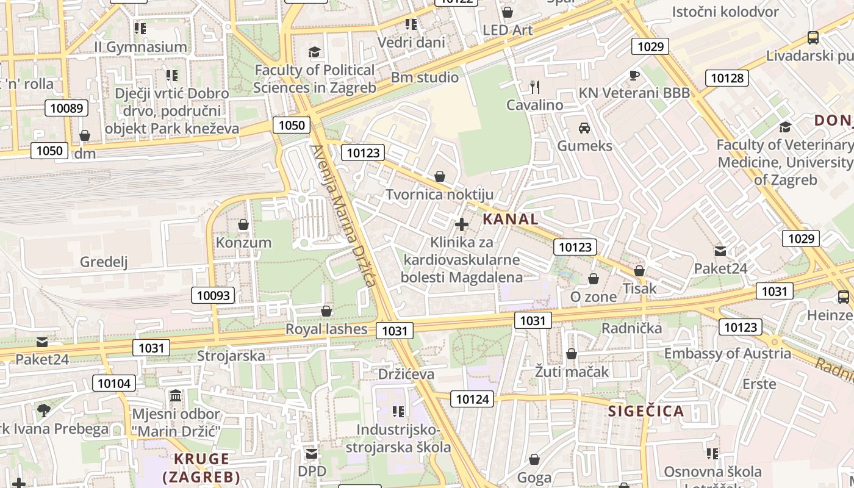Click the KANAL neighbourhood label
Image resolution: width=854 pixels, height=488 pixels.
pyautogui.click(x=511, y=219)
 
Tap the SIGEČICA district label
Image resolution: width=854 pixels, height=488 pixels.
pyautogui.click(x=646, y=411)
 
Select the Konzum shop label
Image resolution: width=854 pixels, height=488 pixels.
pyautogui.click(x=243, y=242)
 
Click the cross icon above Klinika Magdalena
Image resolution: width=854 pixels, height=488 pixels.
pyautogui.click(x=462, y=224)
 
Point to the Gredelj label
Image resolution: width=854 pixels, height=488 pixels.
pyautogui.click(x=104, y=262)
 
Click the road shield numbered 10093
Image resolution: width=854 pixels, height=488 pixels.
pyautogui.click(x=213, y=296)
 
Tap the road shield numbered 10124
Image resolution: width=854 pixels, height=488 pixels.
pyautogui.click(x=472, y=400)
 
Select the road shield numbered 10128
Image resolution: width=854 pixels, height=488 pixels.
pyautogui.click(x=727, y=78)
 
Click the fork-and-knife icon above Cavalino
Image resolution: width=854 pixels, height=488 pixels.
pyautogui.click(x=535, y=87)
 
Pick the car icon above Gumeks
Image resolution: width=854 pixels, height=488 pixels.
pyautogui.click(x=584, y=128)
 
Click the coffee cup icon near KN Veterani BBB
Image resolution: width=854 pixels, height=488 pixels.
pyautogui.click(x=634, y=75)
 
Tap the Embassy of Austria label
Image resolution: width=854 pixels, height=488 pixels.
pyautogui.click(x=727, y=354)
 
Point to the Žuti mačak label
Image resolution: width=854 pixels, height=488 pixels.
pyautogui.click(x=572, y=371)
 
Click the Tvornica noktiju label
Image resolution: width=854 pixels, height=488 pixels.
pyautogui.click(x=439, y=195)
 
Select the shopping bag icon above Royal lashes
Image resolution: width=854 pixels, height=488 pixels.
pyautogui.click(x=326, y=312)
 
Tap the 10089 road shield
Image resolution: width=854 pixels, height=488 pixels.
pyautogui.click(x=66, y=109)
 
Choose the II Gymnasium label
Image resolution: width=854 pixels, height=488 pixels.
pyautogui.click(x=140, y=47)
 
